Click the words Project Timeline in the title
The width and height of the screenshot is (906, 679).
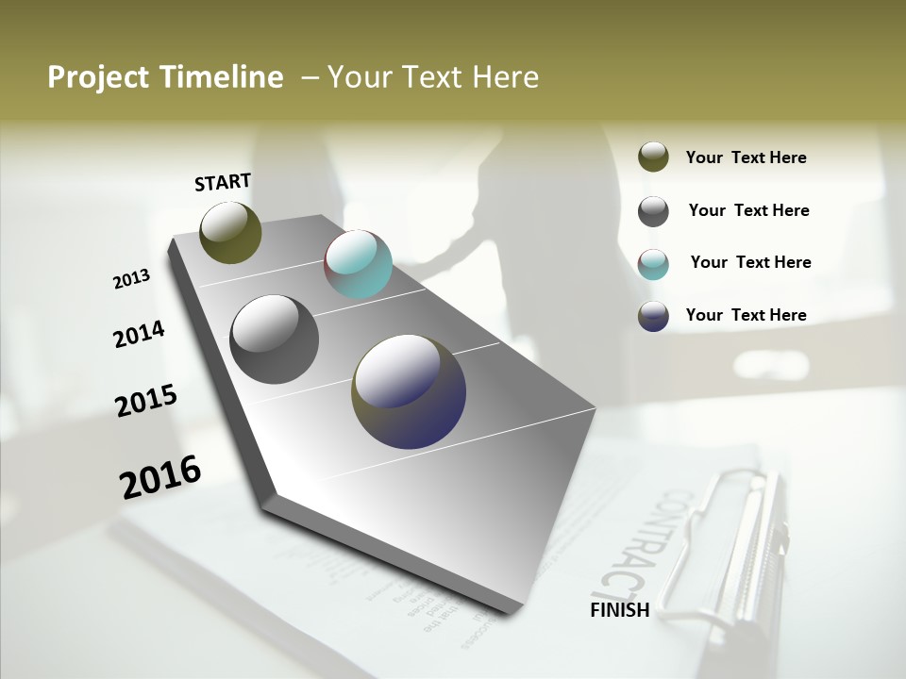tap(165, 77)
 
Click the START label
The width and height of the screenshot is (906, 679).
tap(223, 182)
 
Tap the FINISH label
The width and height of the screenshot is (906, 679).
tap(619, 610)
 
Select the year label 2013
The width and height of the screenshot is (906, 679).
tap(131, 279)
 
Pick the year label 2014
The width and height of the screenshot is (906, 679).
tap(139, 334)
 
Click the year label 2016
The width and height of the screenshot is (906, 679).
tap(160, 476)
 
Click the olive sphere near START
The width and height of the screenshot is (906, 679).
tap(230, 232)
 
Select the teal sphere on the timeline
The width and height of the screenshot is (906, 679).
tap(358, 264)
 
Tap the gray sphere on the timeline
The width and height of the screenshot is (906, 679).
tap(274, 339)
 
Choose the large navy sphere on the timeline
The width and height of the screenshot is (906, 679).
tap(409, 391)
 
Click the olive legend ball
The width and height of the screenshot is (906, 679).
tap(653, 157)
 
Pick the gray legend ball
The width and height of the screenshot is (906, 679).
tap(653, 211)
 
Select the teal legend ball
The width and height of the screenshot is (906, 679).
tap(653, 263)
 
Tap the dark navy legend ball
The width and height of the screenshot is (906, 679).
tap(653, 316)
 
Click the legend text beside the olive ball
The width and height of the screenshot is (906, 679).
tap(746, 157)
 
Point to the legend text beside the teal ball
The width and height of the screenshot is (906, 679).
tap(750, 262)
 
